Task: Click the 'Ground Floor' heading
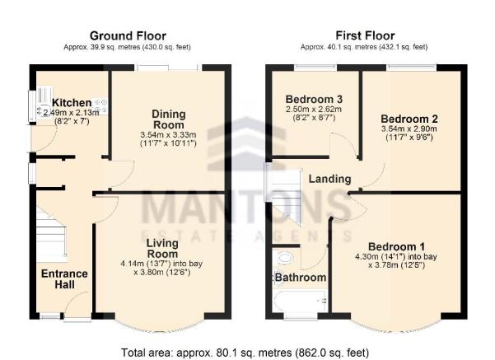click(x=128, y=35)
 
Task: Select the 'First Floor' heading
click(x=365, y=35)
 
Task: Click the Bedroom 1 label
click(x=396, y=246)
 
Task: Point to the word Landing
click(x=329, y=179)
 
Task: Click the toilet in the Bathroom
click(x=286, y=257)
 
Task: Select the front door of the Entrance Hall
click(x=77, y=317)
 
